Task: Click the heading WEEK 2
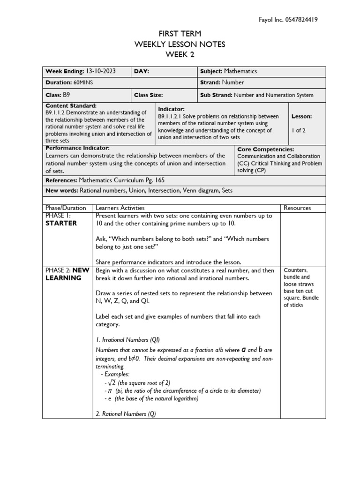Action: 180,54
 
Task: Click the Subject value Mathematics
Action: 240,71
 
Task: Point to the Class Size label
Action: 149,95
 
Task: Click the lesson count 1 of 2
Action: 298,130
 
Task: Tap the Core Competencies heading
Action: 266,149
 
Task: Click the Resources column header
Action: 297,208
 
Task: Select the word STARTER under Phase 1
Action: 61,223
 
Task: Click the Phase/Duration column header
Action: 66,208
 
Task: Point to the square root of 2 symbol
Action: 111,382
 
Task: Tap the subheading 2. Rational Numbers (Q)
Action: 126,414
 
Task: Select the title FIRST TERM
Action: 180,34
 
